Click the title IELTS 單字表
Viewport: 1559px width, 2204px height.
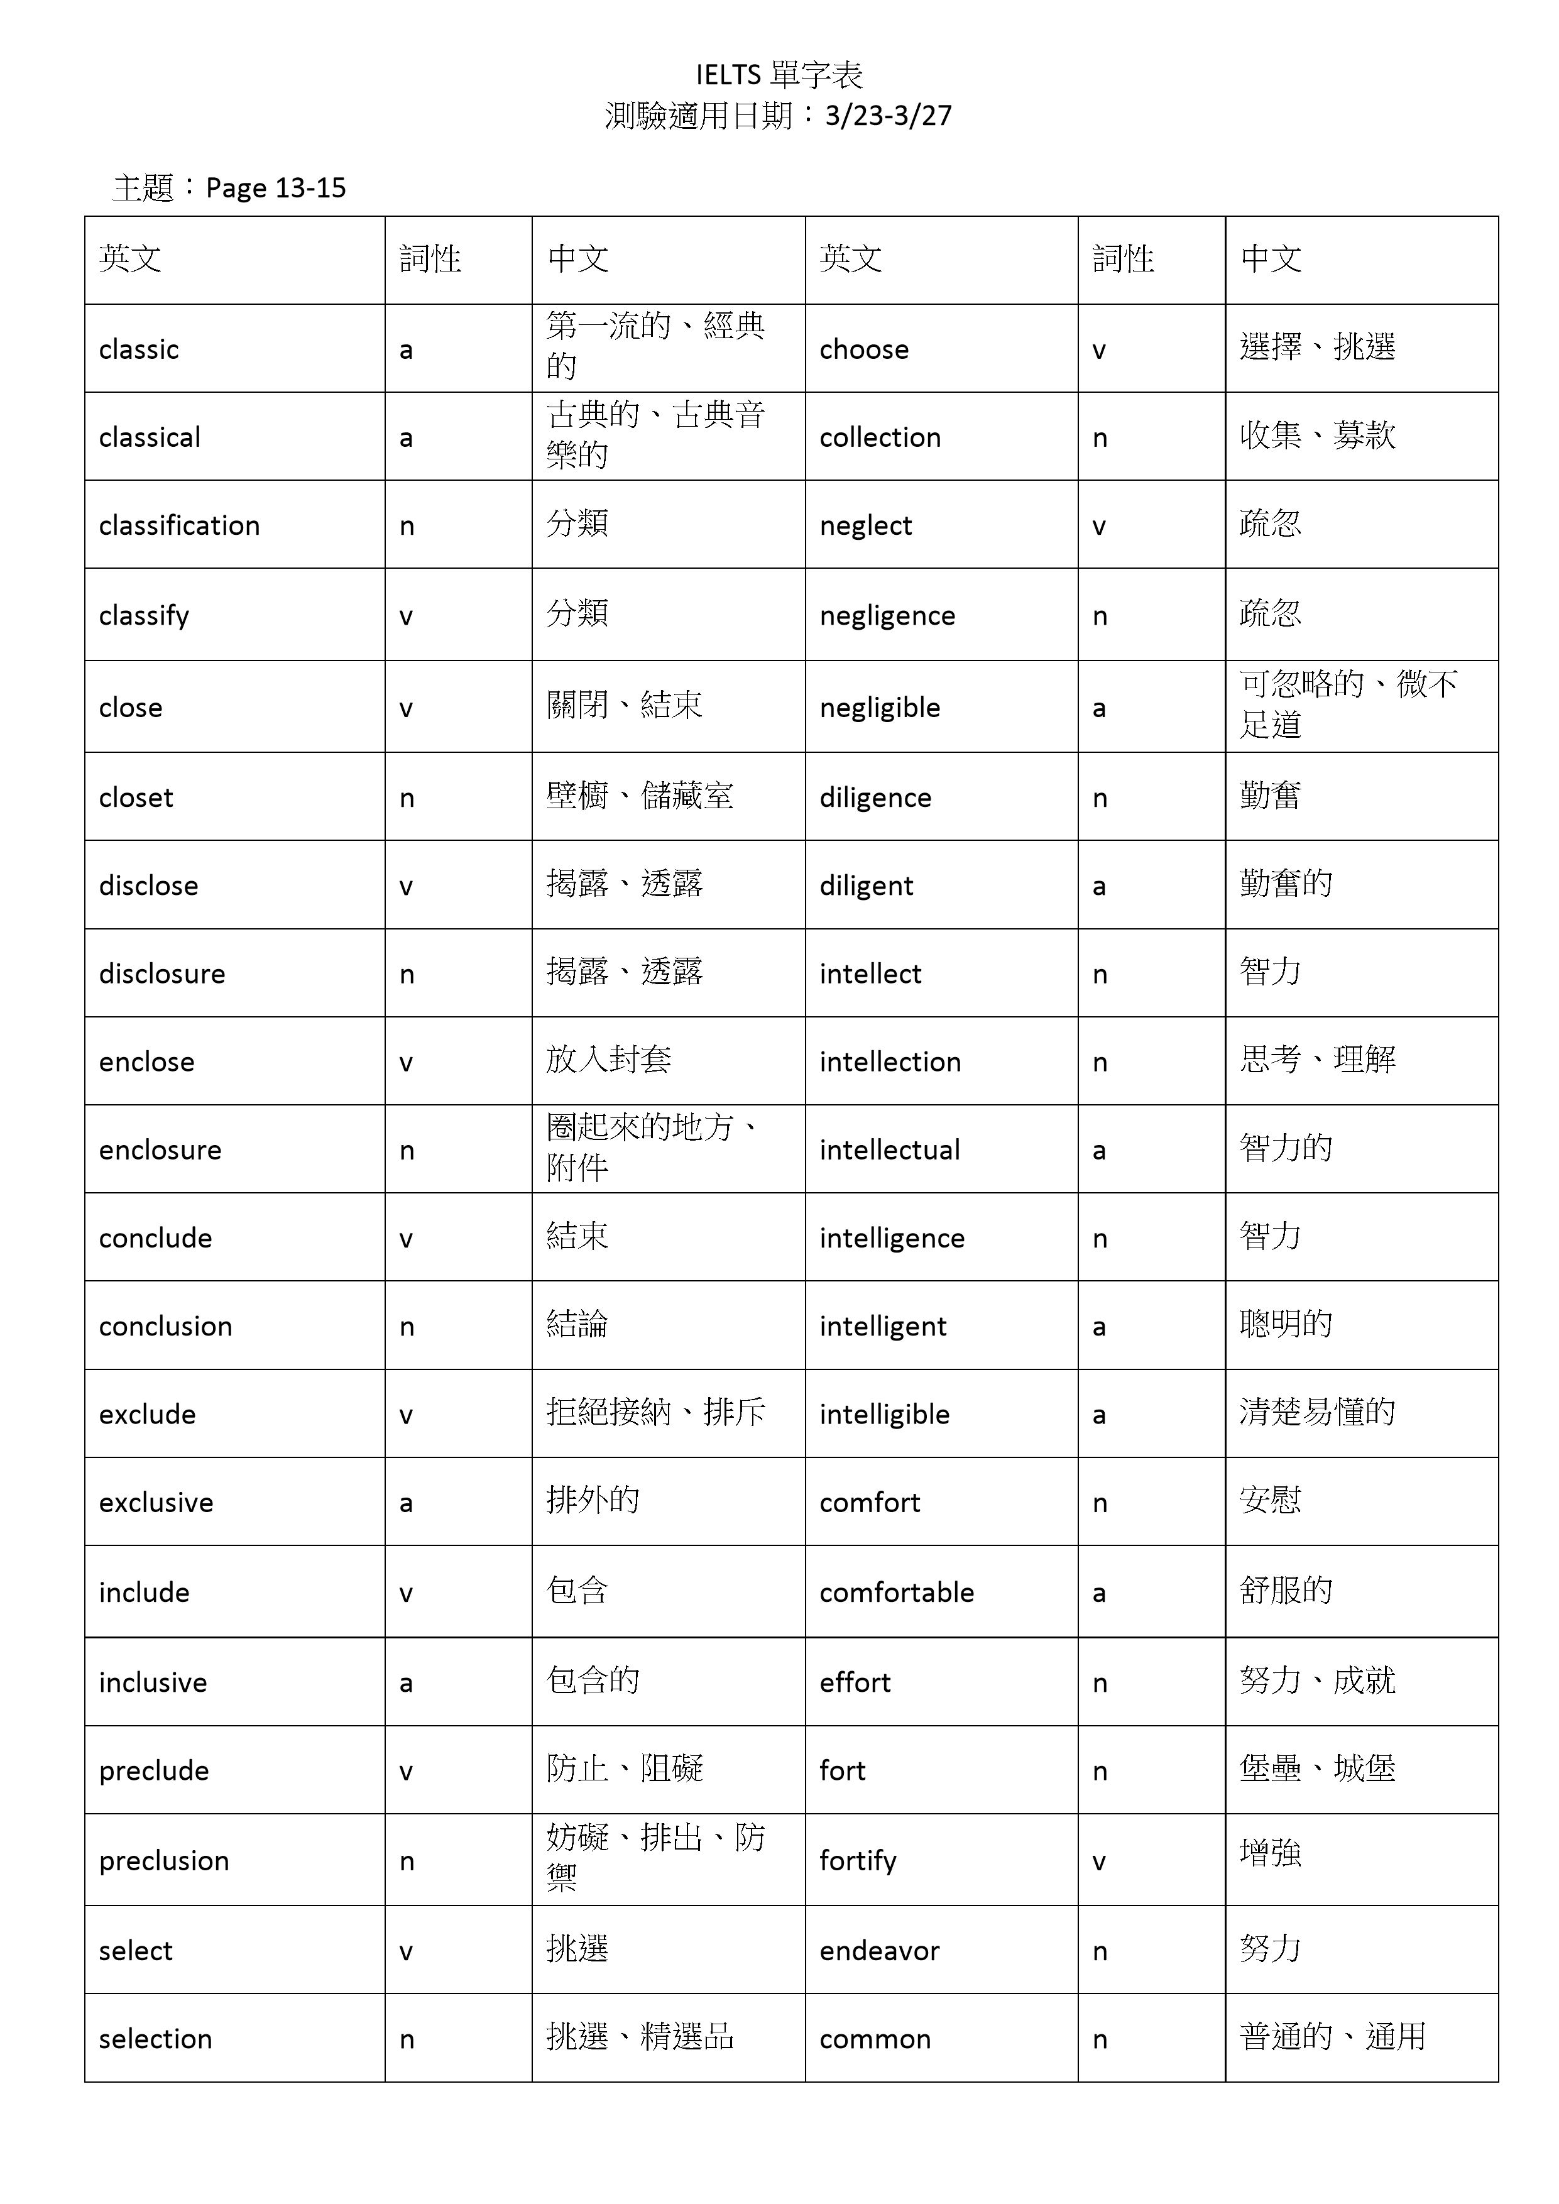click(x=779, y=74)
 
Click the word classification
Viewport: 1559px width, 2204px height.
click(x=180, y=525)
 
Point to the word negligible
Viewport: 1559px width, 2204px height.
click(x=879, y=708)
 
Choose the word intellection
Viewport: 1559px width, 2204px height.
click(x=890, y=1061)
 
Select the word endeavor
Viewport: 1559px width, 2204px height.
click(x=879, y=1951)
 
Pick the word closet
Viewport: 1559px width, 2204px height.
click(x=136, y=797)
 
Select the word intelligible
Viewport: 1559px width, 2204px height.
click(x=884, y=1414)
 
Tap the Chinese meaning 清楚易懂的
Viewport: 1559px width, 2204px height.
click(x=1317, y=1412)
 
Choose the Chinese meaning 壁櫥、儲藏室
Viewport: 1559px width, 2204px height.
click(x=639, y=796)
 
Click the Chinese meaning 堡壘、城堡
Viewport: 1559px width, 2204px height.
click(x=1317, y=1768)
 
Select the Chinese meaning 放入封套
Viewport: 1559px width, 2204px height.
click(x=609, y=1060)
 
